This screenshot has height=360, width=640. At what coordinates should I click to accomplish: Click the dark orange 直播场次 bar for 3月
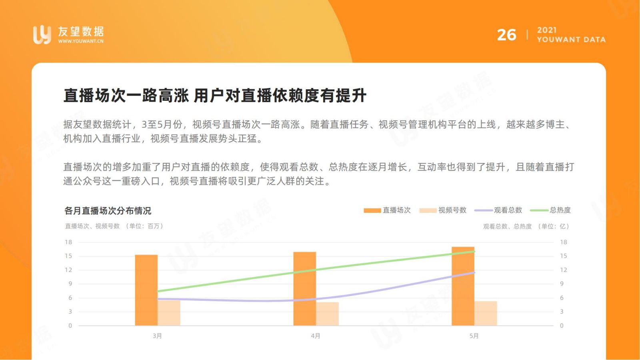pos(146,290)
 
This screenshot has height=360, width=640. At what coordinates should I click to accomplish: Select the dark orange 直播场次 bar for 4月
pos(304,288)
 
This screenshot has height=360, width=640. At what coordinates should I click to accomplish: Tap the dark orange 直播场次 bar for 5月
pos(463,286)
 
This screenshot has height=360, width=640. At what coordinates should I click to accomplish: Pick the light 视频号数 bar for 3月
pos(169,313)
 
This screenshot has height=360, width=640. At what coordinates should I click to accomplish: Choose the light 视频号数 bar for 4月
pos(327,314)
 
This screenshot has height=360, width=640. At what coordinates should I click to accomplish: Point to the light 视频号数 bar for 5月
pos(486,313)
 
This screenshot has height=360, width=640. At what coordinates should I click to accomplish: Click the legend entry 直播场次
pos(387,210)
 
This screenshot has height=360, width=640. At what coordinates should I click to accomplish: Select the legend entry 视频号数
pos(443,210)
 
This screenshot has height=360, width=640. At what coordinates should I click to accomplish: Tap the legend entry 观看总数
pos(498,210)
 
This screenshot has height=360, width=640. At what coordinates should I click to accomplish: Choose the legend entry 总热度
pos(550,210)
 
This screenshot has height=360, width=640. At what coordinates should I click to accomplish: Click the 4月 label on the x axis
pos(316,336)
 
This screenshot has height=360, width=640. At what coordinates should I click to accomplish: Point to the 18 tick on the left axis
pos(68,242)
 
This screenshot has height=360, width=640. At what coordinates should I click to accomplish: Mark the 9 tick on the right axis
pos(562,284)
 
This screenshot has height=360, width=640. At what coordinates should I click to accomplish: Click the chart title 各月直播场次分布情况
pos(108,211)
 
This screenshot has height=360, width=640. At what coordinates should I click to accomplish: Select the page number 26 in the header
pos(506,35)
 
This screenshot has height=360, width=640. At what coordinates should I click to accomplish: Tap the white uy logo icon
pos(42,34)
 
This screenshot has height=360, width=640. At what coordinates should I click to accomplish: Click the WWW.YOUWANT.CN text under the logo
pos(81,41)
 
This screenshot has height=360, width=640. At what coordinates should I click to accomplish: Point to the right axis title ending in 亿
pos(526,226)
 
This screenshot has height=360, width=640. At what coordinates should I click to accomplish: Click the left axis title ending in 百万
pos(114,226)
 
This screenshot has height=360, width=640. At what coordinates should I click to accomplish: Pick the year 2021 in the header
pos(546,30)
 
